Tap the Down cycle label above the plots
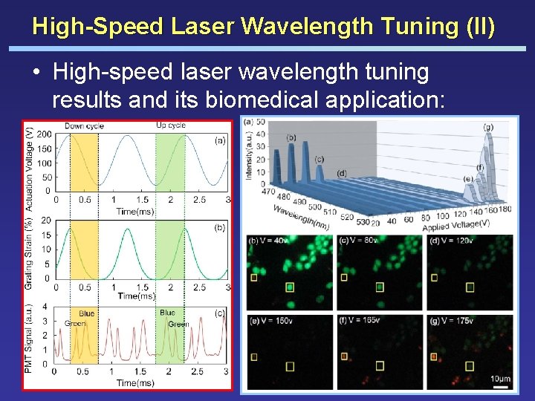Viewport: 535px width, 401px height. click(84, 125)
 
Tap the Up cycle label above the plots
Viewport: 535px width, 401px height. click(170, 125)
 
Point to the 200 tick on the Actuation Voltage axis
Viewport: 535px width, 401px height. click(44, 134)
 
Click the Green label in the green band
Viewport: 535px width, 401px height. click(178, 324)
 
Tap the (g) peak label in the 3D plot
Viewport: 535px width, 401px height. click(488, 127)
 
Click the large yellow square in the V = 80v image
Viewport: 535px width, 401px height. click(380, 287)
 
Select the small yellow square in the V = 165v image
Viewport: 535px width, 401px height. click(344, 356)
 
